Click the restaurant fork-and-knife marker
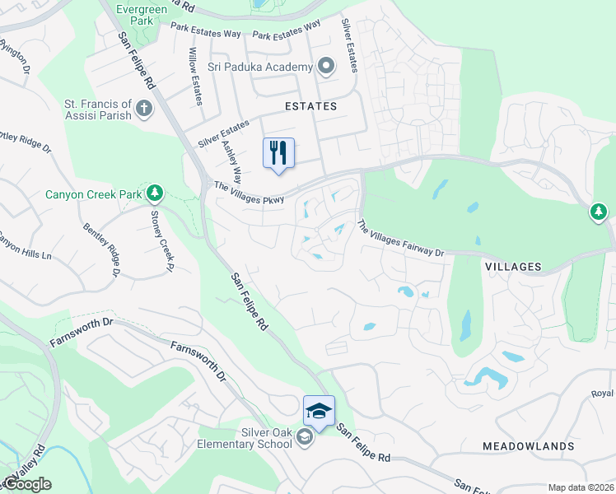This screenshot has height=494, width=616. click(x=278, y=152)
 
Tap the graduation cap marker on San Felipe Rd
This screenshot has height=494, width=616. click(x=319, y=410)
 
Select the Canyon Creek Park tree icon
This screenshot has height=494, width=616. click(x=154, y=193)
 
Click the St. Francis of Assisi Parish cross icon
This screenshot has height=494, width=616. click(x=144, y=109)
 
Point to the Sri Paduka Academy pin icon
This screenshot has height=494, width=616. click(x=326, y=67)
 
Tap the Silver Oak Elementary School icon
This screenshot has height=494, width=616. click(x=305, y=437)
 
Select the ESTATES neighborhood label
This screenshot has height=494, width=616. click(x=311, y=106)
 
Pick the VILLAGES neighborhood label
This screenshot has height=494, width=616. click(x=513, y=267)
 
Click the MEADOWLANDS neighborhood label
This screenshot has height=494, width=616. click(x=529, y=445)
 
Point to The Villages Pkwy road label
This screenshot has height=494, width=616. click(x=249, y=193)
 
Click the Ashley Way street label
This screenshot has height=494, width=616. click(x=232, y=161)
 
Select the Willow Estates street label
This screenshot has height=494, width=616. click(x=196, y=76)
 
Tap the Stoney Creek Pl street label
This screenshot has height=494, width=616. click(x=161, y=239)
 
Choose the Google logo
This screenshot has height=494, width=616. click(x=27, y=484)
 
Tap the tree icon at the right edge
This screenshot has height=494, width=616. click(x=599, y=212)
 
